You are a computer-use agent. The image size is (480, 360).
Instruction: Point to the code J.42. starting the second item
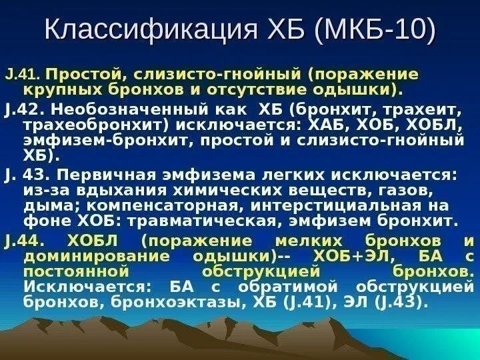pyautogui.click(x=25, y=110)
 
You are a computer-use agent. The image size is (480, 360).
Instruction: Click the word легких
pyautogui.click(x=293, y=175)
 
